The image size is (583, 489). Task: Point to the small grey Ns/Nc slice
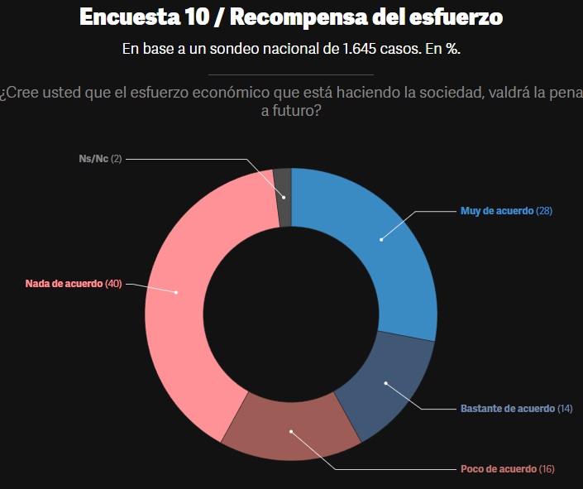[x=283, y=185]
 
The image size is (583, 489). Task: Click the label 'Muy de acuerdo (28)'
[x=505, y=211]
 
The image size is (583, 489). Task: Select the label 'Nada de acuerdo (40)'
[x=74, y=284]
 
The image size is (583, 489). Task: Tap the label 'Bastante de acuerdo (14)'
[x=516, y=409]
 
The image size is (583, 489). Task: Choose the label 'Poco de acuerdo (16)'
[x=507, y=469]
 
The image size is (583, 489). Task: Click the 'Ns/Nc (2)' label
[x=94, y=158]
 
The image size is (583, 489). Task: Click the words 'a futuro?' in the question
[x=291, y=110]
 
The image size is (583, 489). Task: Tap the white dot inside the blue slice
[x=381, y=240]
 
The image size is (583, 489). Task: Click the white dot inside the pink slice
[x=176, y=291]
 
